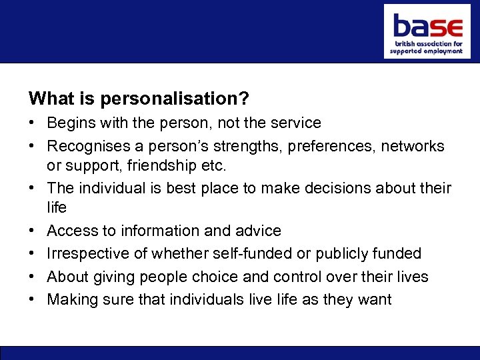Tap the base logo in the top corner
[x=427, y=31]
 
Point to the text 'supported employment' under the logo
[x=427, y=51]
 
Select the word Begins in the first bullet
[x=71, y=123]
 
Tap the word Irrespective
[x=88, y=254]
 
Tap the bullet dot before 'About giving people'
[x=33, y=277]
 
